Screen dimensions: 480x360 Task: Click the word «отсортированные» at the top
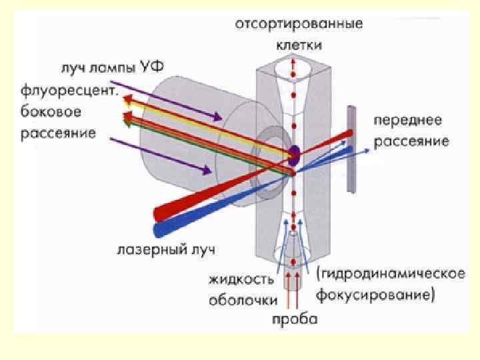pos(298,25)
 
